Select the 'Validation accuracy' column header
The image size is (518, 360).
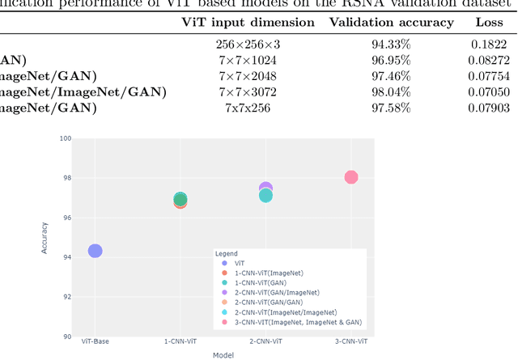pos(391,22)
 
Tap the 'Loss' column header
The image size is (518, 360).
pos(488,22)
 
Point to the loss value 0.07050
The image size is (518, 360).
pos(488,92)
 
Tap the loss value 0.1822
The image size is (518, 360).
pos(488,45)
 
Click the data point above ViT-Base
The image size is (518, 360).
pos(95,251)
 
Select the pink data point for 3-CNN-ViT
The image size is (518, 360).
pos(350,177)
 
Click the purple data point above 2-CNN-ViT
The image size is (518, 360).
pos(265,188)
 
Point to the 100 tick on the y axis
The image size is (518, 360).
pos(67,138)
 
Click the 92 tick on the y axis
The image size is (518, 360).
pos(68,297)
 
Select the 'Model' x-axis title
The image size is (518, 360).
pos(223,354)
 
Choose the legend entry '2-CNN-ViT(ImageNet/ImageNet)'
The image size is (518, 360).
pos(279,312)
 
